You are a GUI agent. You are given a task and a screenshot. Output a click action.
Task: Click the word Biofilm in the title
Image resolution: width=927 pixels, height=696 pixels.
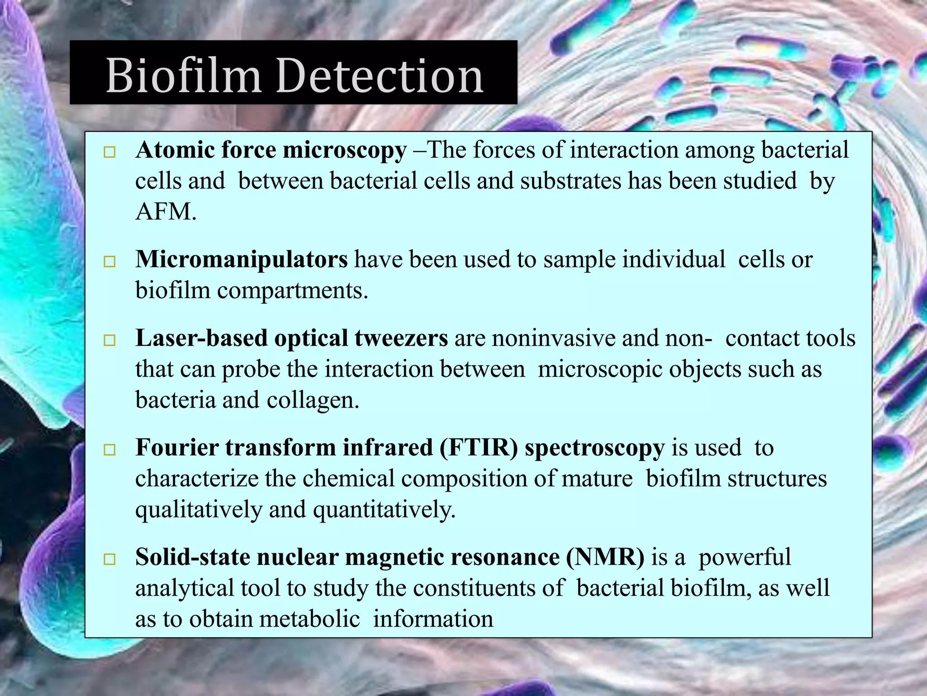pos(183,76)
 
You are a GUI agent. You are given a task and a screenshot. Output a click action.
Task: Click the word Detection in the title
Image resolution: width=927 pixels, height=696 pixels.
pos(380,76)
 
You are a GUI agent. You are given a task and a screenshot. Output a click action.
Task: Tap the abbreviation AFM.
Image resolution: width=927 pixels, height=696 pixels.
pos(165,212)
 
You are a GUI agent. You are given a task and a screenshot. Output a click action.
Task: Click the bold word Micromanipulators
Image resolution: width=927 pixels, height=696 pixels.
pos(241,260)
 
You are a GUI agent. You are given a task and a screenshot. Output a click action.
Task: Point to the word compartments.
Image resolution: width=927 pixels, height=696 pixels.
pos(292,290)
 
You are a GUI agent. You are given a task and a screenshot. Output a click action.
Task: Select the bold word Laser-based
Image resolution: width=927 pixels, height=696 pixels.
pos(201,338)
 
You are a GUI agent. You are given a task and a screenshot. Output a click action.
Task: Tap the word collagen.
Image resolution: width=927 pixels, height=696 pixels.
pos(312,400)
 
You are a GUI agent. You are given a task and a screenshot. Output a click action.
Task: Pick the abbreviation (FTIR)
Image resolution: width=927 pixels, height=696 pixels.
pos(478,448)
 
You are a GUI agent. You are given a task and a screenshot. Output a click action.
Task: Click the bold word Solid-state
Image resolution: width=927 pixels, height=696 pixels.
pos(192,557)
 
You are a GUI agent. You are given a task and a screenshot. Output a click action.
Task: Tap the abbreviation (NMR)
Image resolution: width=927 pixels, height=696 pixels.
pos(605,557)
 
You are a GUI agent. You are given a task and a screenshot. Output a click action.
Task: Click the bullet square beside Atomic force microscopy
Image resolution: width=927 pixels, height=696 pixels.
pos(110,152)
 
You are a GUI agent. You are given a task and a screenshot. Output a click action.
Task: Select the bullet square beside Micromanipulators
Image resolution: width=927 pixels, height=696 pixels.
pos(110,261)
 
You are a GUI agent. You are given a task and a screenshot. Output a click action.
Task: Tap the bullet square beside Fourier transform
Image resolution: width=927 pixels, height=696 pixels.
pos(110,450)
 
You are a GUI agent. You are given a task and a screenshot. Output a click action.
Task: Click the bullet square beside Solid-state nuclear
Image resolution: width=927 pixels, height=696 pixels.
pos(110,560)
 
